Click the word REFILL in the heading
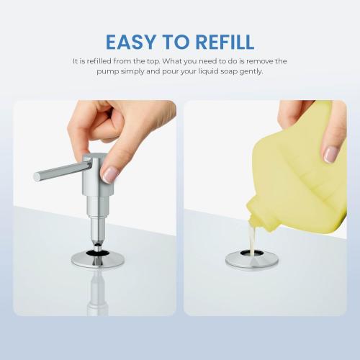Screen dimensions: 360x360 [x=223, y=41]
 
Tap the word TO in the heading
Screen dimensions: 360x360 [x=174, y=41]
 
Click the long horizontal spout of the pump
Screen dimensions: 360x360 [x=58, y=173]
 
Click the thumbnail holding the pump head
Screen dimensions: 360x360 [x=109, y=173]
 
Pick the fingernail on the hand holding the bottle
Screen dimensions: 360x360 [x=330, y=153]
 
